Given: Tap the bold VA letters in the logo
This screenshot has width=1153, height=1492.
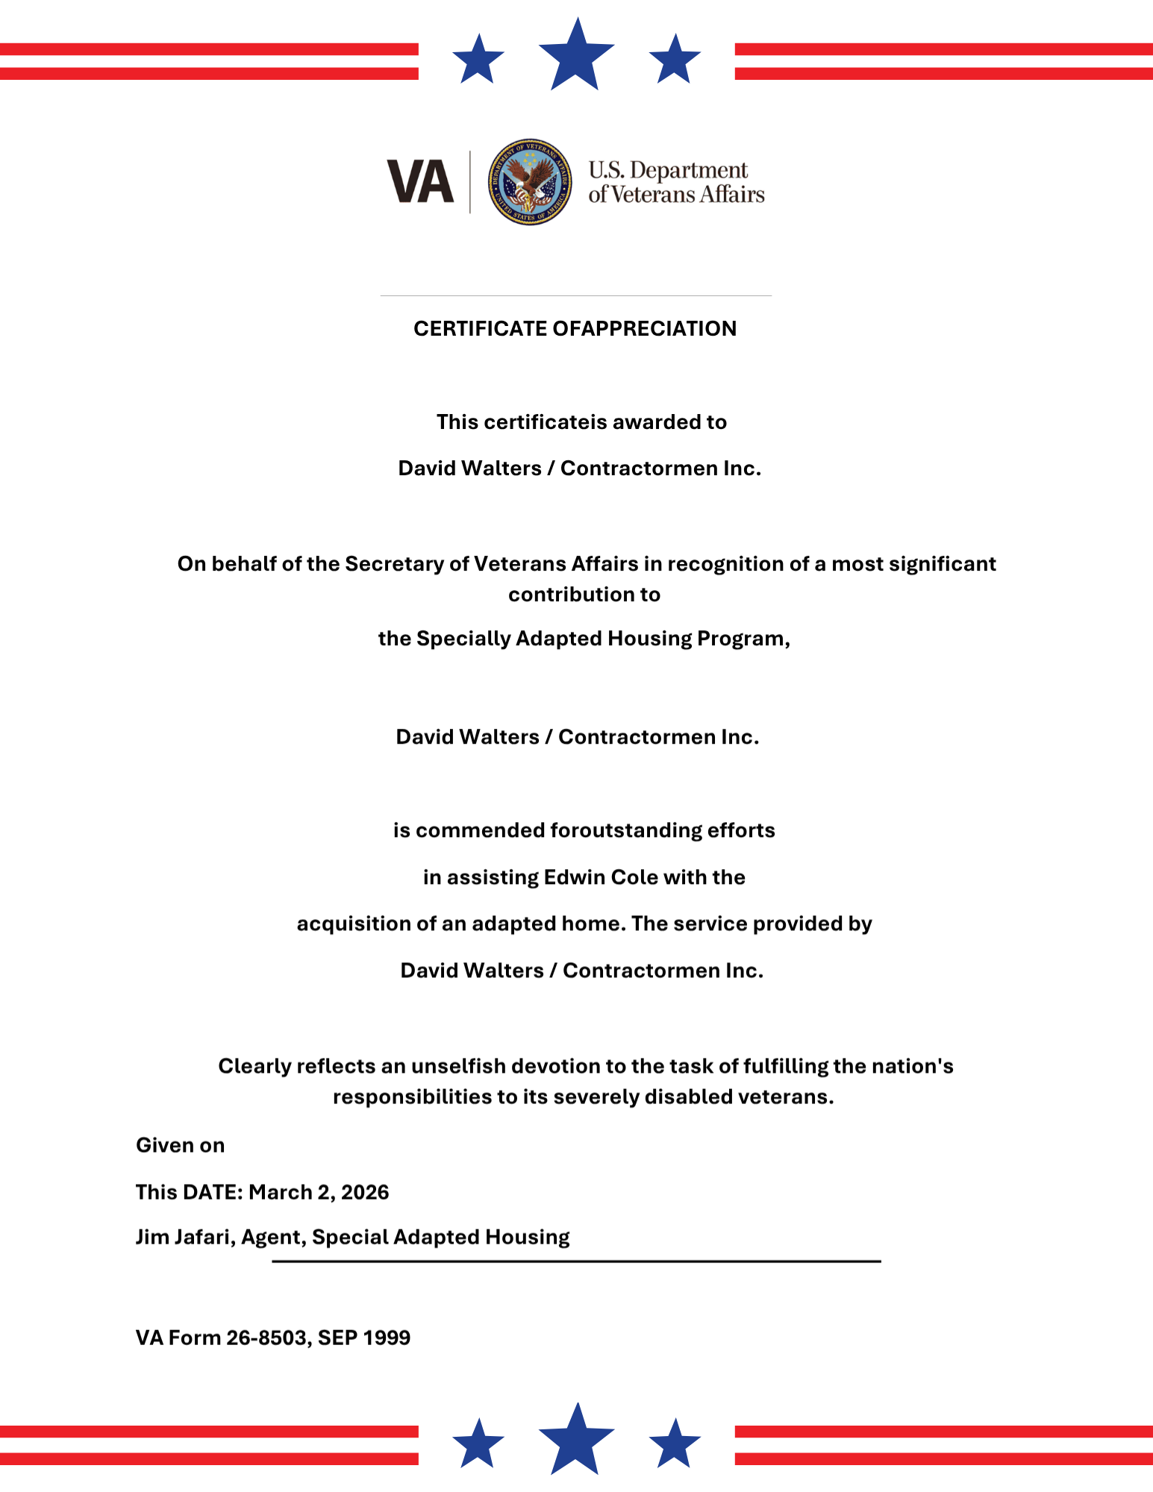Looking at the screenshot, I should pos(420,182).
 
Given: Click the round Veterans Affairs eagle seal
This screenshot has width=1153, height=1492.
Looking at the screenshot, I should pos(530,182).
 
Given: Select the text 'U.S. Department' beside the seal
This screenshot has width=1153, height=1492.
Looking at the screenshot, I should pos(668,170).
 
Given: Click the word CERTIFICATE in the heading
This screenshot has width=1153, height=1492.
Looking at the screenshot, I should pos(480,329).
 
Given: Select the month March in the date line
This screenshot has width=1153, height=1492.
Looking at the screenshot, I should pos(280,1192).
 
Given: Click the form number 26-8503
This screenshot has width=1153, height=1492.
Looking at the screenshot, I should pos(269,1338).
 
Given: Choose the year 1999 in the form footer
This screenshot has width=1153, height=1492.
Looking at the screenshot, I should pos(386,1338).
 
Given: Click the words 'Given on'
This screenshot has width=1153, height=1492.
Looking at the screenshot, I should pos(180,1146).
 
